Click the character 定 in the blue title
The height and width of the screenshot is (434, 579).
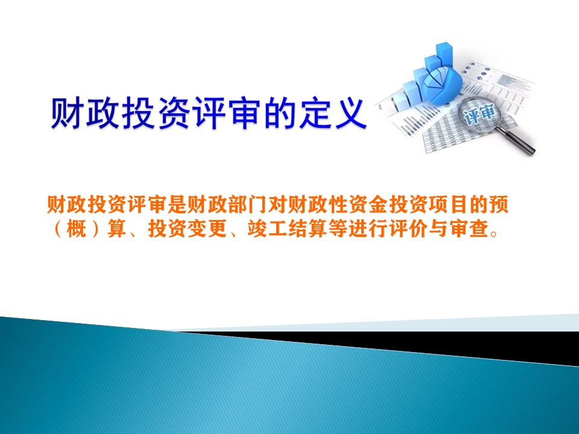(x=315, y=113)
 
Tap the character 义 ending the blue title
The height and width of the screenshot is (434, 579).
(x=350, y=113)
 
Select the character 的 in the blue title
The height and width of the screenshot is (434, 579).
(x=279, y=113)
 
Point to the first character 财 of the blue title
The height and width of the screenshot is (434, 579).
(x=66, y=113)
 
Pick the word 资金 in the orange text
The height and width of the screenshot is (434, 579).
(x=367, y=204)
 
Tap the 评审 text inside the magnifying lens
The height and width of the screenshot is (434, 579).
(x=479, y=114)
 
